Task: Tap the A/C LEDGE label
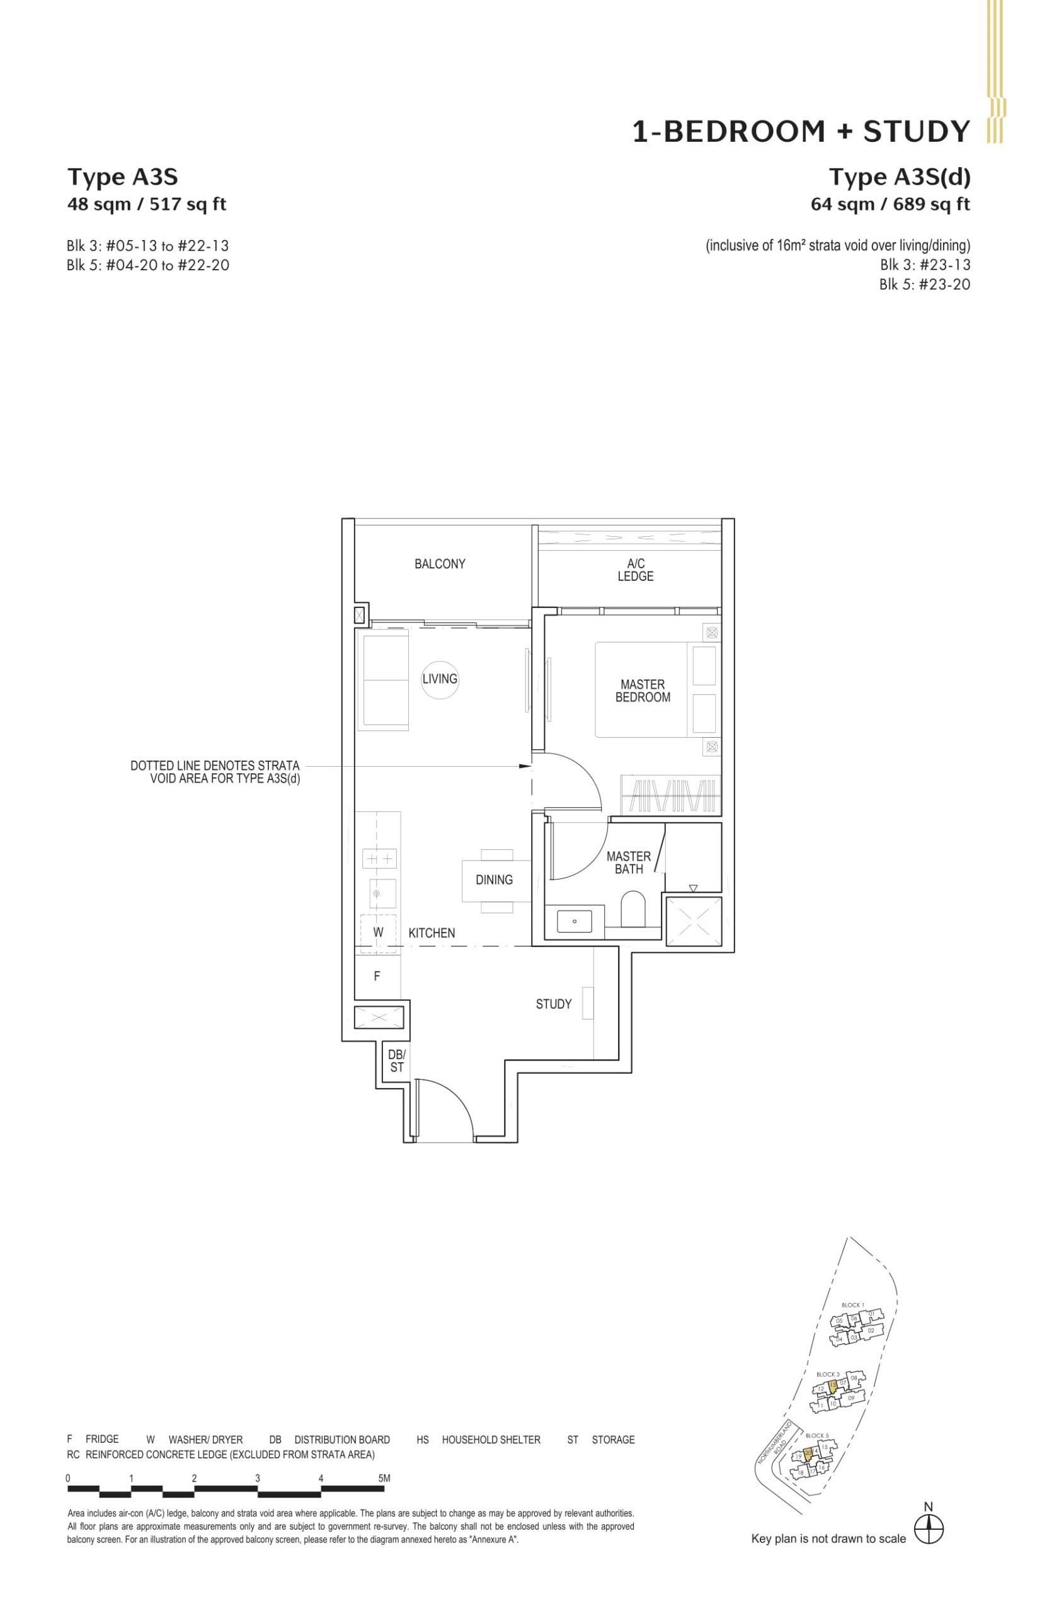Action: click(x=636, y=570)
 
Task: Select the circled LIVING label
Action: click(x=440, y=679)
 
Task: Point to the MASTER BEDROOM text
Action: click(x=642, y=691)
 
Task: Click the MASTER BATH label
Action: click(x=629, y=863)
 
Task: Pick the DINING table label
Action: click(x=494, y=880)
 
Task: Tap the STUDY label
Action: click(x=554, y=1004)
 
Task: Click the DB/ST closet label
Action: click(x=396, y=1061)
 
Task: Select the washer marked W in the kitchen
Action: click(x=378, y=933)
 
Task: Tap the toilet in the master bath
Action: click(x=633, y=909)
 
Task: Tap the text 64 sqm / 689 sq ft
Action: click(x=890, y=204)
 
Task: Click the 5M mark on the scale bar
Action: click(x=384, y=1478)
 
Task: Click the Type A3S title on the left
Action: click(x=122, y=177)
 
